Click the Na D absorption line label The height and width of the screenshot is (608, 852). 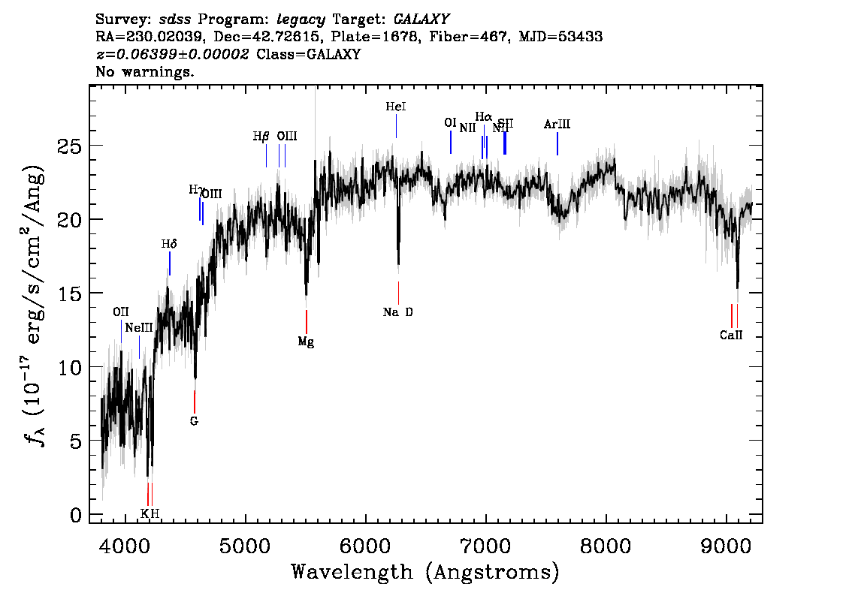[397, 312]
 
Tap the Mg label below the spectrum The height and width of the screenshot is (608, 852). [306, 342]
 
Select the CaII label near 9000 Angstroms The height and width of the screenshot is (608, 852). [730, 336]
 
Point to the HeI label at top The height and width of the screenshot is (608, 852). [396, 107]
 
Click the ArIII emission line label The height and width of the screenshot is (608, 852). [557, 125]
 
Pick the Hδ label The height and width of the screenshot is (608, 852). [169, 244]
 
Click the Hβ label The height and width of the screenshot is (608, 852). [261, 137]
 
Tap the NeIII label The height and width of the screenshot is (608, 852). [139, 328]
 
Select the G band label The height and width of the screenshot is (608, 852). [194, 421]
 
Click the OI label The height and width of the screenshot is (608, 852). [450, 123]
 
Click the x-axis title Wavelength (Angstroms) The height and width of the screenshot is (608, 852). [425, 572]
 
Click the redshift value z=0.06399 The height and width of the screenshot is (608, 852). [172, 55]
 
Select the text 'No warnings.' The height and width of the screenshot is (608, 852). [145, 72]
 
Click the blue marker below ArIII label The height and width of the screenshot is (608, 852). [557, 144]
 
